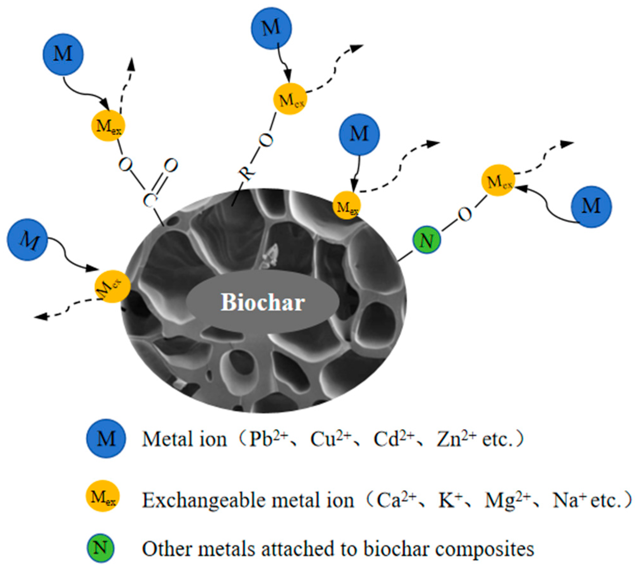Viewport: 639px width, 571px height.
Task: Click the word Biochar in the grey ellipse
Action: coord(263,302)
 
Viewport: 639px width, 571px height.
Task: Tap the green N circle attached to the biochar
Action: coord(427,241)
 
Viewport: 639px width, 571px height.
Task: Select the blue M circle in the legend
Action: coord(106,439)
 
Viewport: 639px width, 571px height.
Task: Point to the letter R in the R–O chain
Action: coord(247,173)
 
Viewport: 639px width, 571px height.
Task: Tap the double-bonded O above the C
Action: coord(171,166)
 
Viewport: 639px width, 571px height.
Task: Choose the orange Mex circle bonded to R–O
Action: coord(290,99)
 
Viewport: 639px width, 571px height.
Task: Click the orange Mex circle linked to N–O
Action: coord(498,180)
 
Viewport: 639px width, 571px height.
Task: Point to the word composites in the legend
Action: coord(484,549)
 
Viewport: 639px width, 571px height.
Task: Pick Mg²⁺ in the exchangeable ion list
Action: coord(507,500)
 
